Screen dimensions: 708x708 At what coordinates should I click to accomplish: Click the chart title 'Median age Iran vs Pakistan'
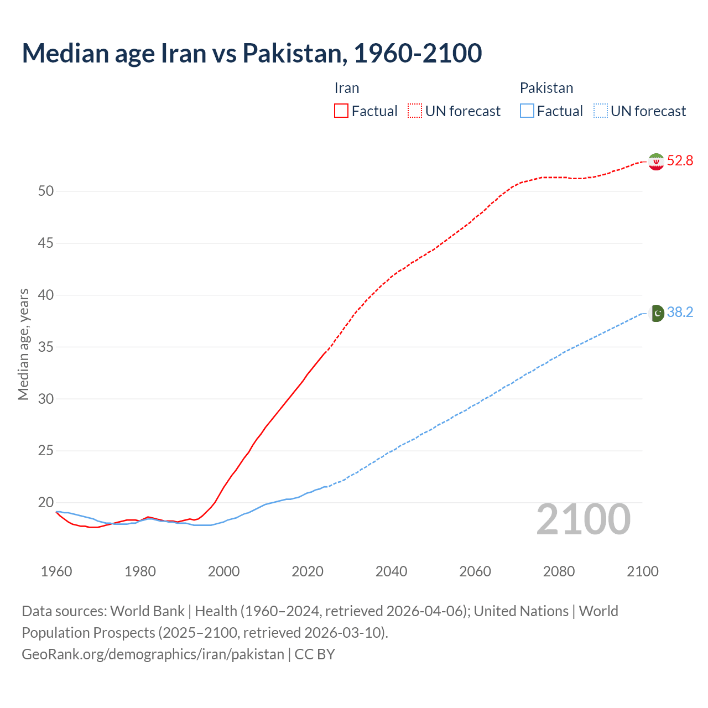(x=252, y=53)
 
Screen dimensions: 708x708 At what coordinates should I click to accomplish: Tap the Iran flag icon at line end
(x=656, y=161)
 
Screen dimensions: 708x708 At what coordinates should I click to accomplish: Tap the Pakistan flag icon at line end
(x=656, y=313)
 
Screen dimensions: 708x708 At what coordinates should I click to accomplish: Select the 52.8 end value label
(x=680, y=161)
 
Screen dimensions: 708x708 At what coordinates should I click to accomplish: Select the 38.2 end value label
(x=680, y=313)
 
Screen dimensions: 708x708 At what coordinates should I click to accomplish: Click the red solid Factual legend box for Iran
(x=341, y=111)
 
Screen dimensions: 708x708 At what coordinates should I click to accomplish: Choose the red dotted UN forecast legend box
(x=415, y=111)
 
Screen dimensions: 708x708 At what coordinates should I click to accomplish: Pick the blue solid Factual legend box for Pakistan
(x=527, y=111)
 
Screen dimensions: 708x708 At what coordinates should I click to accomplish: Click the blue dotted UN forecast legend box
(x=600, y=111)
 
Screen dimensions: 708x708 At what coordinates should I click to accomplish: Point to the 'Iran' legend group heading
(x=347, y=88)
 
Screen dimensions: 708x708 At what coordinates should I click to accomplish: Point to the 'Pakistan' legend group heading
(x=546, y=88)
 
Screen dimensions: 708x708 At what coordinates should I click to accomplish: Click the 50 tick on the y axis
(x=46, y=191)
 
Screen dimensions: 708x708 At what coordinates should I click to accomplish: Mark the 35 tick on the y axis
(x=46, y=347)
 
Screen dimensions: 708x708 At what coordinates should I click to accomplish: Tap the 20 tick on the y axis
(x=46, y=503)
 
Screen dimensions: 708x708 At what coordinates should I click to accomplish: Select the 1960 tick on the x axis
(x=56, y=571)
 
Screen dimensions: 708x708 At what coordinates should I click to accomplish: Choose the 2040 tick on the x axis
(x=391, y=571)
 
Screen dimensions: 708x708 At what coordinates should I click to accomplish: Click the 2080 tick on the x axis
(x=559, y=571)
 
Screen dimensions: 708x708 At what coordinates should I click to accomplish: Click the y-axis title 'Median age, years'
(x=23, y=344)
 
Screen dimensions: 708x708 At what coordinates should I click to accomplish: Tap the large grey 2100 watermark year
(x=584, y=519)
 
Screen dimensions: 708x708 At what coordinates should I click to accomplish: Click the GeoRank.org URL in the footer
(x=153, y=654)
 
